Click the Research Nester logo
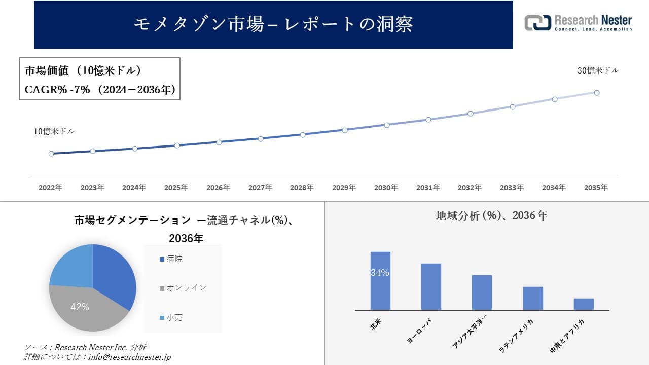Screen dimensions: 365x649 (x=578, y=23)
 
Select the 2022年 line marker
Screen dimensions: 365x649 (x=51, y=154)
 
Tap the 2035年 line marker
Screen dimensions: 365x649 (x=597, y=93)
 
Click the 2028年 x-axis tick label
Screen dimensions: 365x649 (x=302, y=188)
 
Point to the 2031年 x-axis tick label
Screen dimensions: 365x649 (x=428, y=188)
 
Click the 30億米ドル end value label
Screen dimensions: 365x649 (x=598, y=71)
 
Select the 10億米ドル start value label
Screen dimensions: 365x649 (x=54, y=131)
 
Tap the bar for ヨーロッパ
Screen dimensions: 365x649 (x=431, y=286)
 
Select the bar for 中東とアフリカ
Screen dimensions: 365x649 (x=584, y=304)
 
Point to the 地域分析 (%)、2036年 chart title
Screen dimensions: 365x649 (x=491, y=215)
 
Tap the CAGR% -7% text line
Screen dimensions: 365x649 (x=100, y=90)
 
